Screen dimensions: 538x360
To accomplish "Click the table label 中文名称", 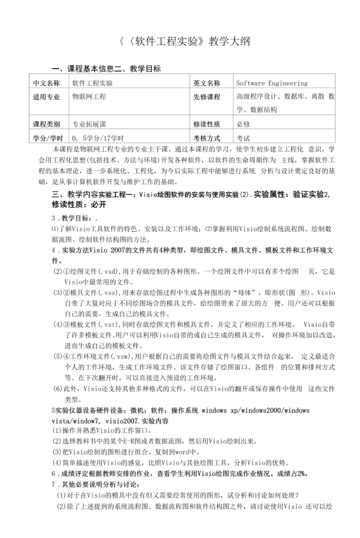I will (x=46, y=83).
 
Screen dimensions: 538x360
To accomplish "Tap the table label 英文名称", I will (x=206, y=83).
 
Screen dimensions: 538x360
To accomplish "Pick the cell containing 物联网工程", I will (x=89, y=97).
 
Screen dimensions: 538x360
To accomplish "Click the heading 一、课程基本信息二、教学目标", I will (x=106, y=69).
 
